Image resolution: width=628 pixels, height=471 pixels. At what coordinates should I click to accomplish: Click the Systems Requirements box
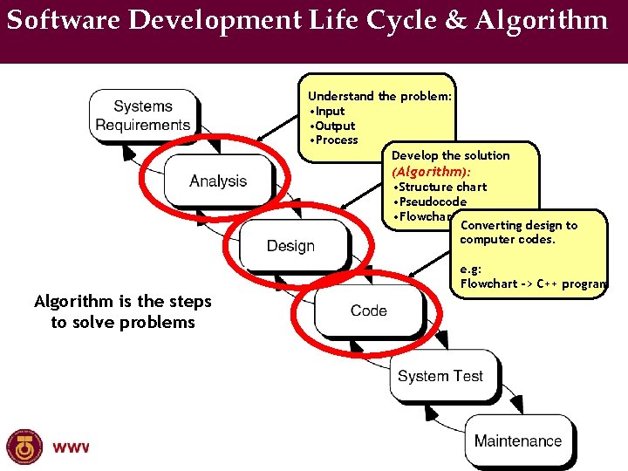point(143,115)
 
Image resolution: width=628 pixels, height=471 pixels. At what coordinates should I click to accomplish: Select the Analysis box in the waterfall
point(218,181)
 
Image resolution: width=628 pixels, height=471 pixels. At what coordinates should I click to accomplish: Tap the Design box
point(290,246)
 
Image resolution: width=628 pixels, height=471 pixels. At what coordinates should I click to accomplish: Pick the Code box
point(368,311)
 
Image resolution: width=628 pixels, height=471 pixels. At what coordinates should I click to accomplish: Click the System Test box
point(440,376)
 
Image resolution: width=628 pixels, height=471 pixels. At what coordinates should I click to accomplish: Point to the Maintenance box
point(517,440)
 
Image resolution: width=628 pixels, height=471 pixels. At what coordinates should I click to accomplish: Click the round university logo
point(24,447)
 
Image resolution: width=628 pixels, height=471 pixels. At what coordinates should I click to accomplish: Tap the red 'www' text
point(71,447)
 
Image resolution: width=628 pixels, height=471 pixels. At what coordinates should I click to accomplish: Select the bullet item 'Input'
point(329,111)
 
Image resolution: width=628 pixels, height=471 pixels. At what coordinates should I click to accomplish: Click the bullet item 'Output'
point(334,126)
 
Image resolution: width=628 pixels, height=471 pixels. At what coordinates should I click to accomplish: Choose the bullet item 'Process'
point(335,140)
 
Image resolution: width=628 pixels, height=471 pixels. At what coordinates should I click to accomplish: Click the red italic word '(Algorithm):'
point(431,172)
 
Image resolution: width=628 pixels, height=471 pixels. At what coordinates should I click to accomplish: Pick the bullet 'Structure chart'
point(442,187)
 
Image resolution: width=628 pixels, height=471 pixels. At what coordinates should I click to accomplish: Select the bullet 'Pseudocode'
point(432,201)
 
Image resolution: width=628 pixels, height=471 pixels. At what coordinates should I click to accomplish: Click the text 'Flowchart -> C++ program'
point(533,283)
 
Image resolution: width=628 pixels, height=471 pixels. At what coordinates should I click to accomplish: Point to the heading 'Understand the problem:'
point(379,96)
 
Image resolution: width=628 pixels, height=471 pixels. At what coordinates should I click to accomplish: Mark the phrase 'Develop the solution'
point(450,155)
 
